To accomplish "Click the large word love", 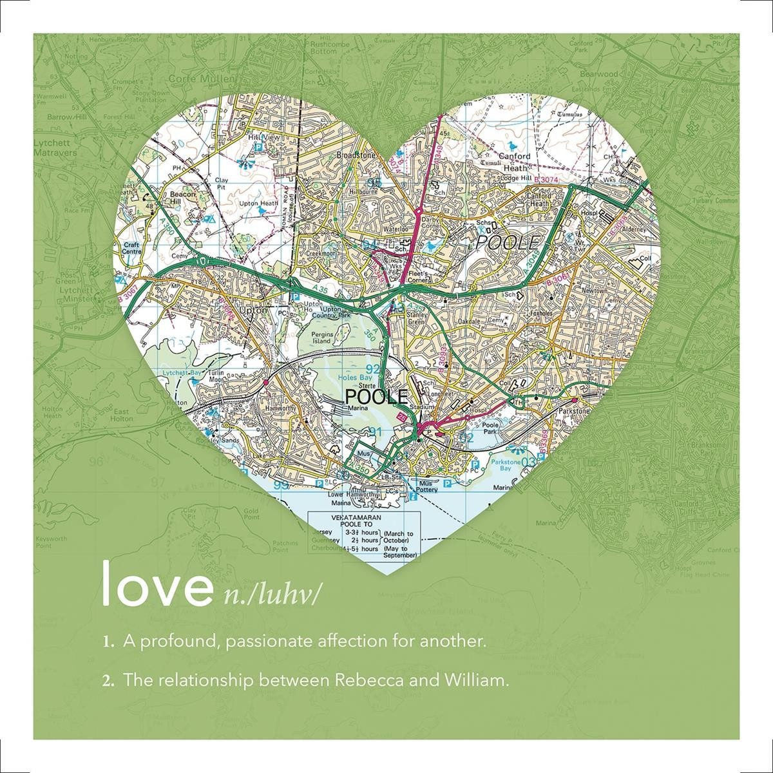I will pyautogui.click(x=157, y=584).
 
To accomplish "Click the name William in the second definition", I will pyautogui.click(x=471, y=680).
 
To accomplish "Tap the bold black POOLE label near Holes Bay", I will pyautogui.click(x=377, y=396).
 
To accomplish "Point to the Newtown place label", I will pyautogui.click(x=594, y=291).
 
